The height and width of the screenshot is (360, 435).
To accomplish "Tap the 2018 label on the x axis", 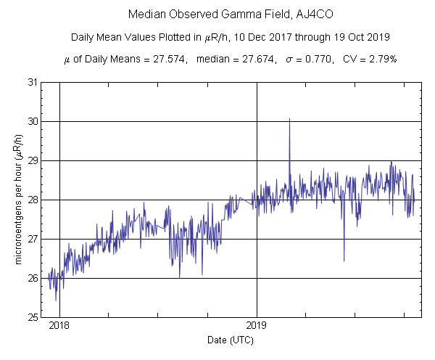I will [x=59, y=326].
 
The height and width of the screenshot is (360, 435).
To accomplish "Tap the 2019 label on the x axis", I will [x=257, y=326].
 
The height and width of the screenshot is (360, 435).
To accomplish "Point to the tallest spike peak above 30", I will [x=289, y=119].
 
